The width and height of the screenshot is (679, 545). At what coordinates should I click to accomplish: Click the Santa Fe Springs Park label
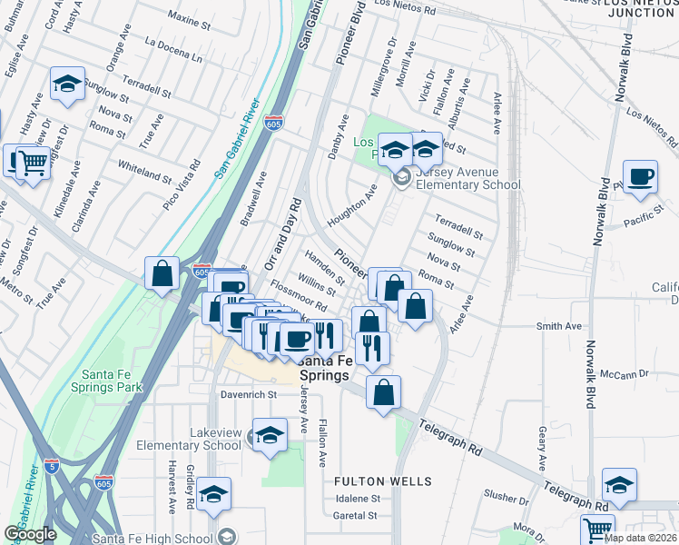pos(112,380)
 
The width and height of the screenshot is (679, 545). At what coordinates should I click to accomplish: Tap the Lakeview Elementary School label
pos(190,439)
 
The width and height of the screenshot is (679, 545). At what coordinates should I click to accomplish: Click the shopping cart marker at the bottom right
pos(597,529)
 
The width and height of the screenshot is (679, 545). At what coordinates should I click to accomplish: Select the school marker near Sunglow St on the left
pos(67,84)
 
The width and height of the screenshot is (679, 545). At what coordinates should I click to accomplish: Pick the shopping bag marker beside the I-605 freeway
pos(162,273)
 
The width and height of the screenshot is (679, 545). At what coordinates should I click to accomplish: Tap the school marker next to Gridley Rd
pos(213,495)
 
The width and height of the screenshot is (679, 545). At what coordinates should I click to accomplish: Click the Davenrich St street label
pos(248,395)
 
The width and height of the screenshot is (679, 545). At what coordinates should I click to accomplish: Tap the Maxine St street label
pos(190,18)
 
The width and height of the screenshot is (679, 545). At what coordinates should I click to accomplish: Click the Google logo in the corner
pos(30,534)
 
